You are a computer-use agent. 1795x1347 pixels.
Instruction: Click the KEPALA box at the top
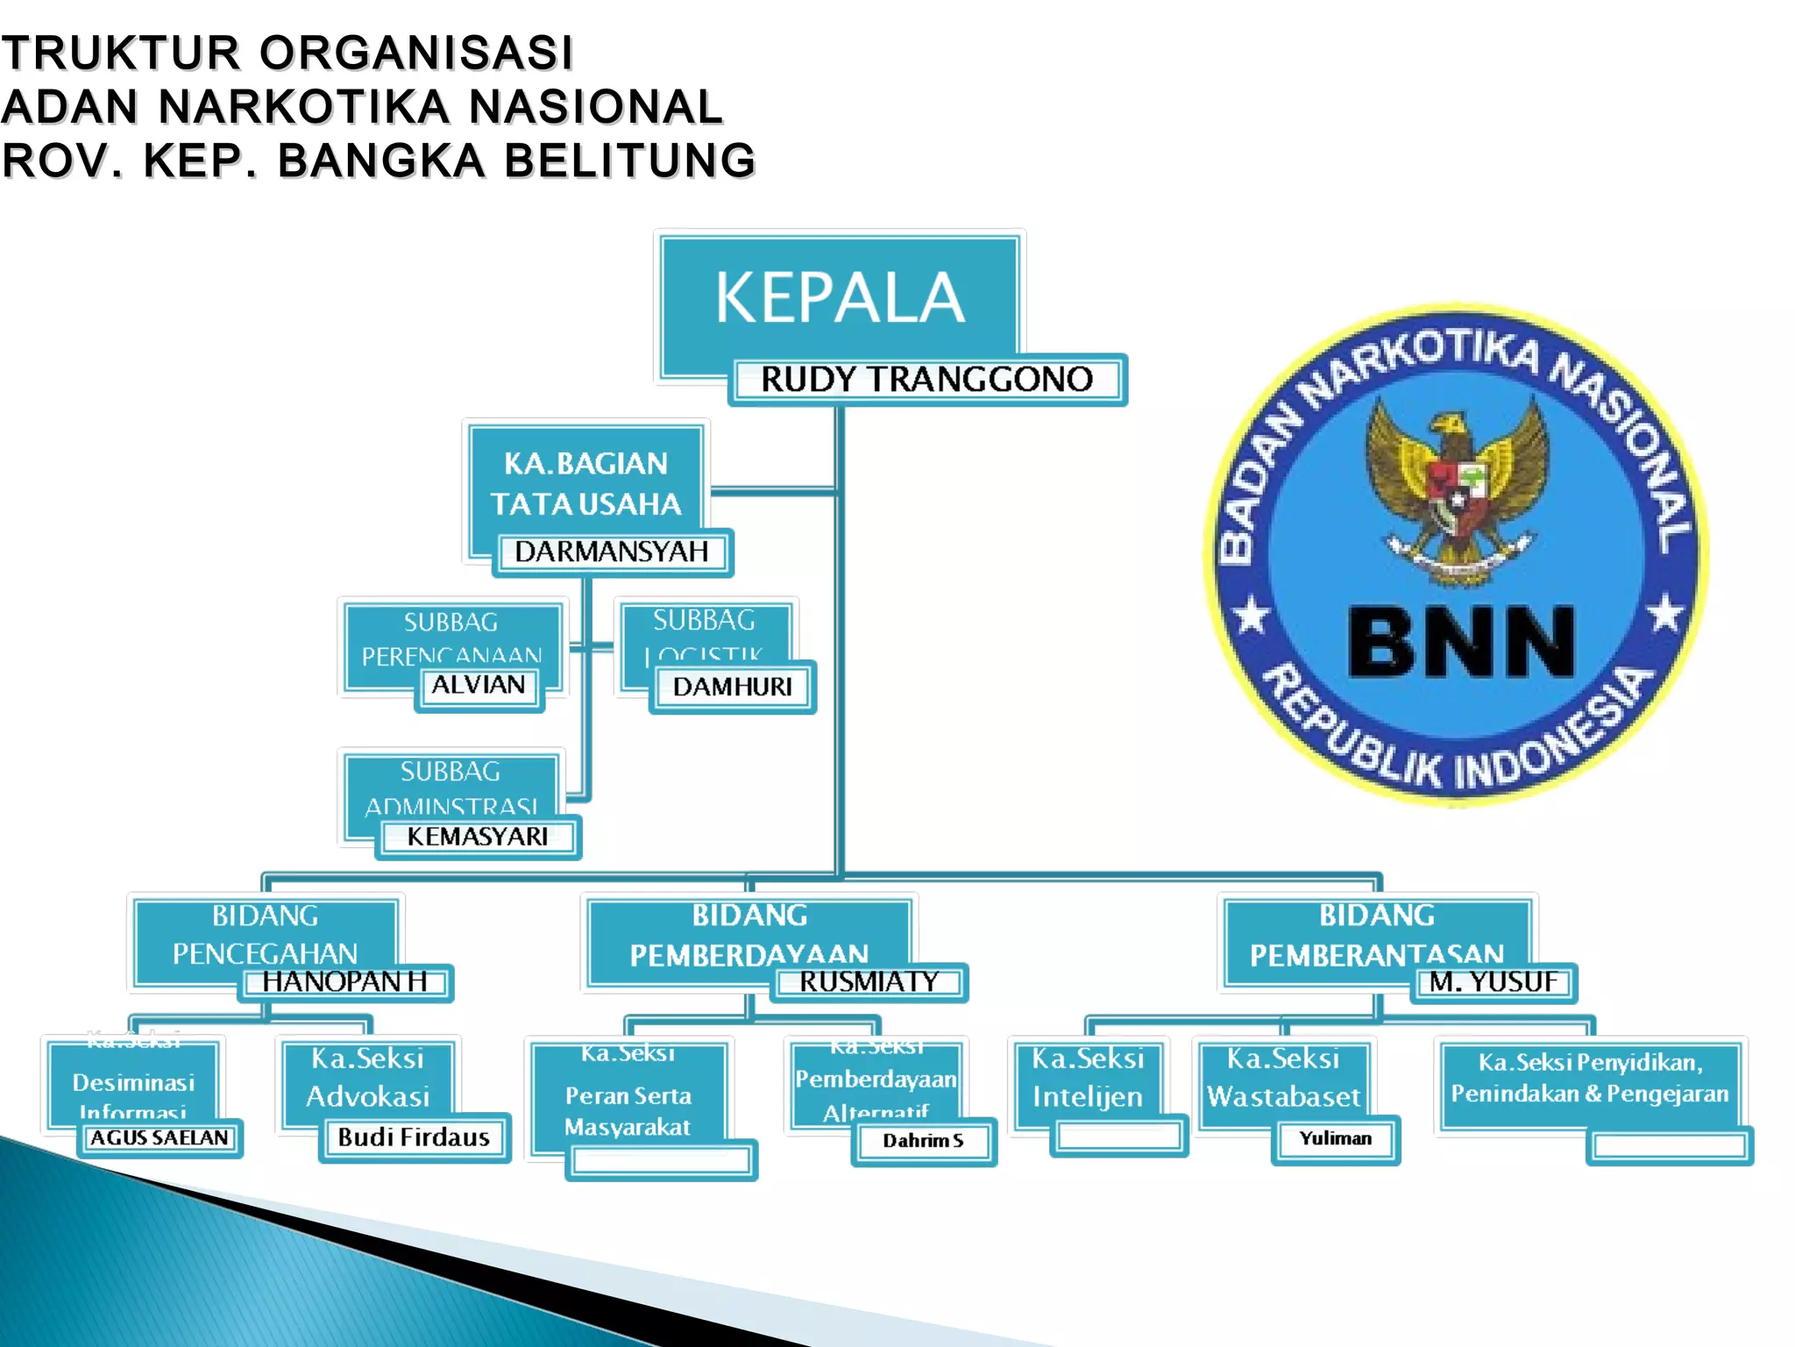[x=839, y=298]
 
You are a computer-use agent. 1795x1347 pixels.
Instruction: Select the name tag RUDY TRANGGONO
[x=926, y=380]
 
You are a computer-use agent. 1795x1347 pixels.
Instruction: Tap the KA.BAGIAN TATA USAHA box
[x=585, y=483]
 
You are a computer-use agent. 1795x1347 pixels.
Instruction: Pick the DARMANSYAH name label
[x=612, y=552]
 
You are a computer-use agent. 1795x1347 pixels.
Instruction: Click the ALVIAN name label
[x=479, y=685]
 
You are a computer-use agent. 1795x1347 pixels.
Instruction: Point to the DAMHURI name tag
[x=732, y=687]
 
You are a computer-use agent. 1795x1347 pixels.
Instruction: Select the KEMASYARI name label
[x=478, y=837]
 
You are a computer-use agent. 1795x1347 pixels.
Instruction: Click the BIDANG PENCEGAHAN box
[x=265, y=933]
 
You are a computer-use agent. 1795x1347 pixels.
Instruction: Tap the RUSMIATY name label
[x=869, y=982]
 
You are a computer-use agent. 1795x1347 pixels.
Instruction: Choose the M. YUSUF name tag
[x=1493, y=982]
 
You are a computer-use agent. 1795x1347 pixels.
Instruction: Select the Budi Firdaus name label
[x=414, y=1137]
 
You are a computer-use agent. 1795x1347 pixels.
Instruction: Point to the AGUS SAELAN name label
[x=160, y=1138]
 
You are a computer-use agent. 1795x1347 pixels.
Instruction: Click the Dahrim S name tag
[x=923, y=1141]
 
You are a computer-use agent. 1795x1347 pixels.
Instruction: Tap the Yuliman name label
[x=1335, y=1139]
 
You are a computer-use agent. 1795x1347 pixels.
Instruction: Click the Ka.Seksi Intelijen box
[x=1088, y=1078]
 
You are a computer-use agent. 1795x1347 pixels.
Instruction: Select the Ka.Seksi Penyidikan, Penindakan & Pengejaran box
[x=1589, y=1080]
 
